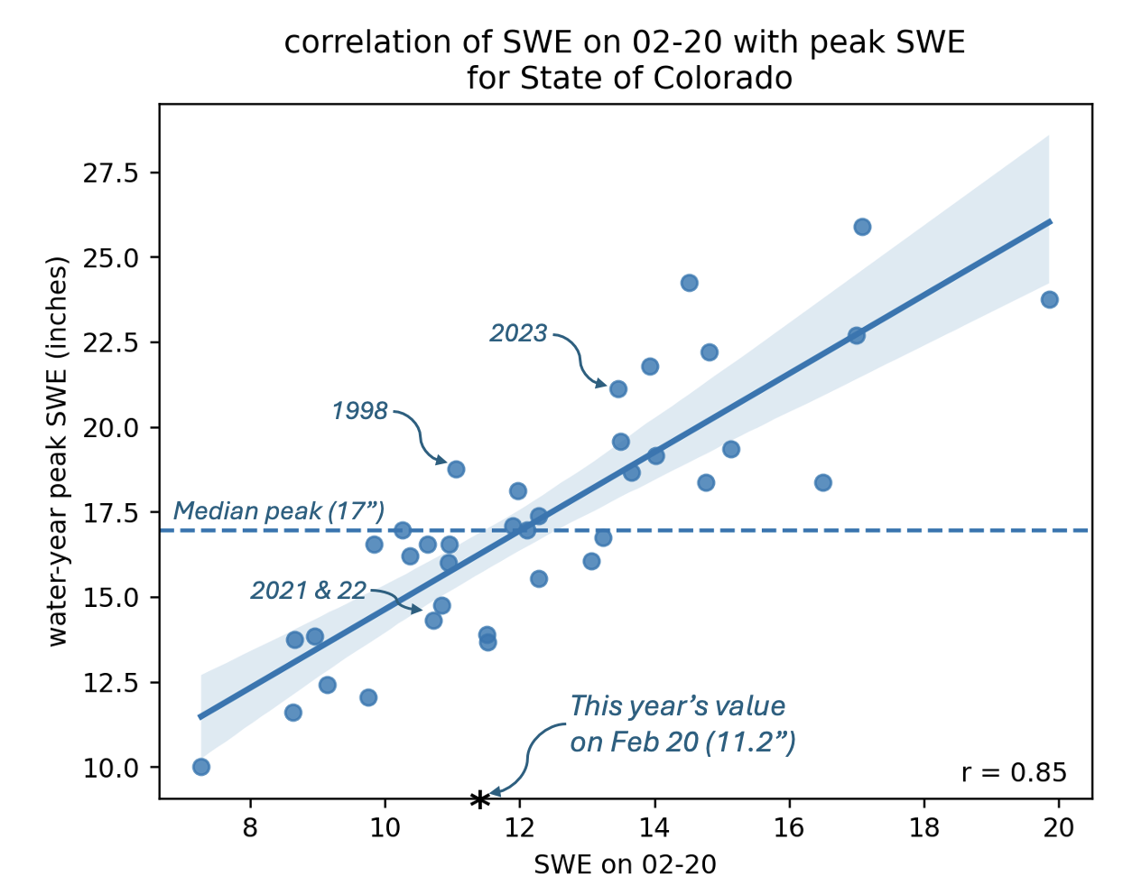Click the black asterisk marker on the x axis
pos(479,799)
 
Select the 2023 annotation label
pos(518,333)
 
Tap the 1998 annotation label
pos(360,410)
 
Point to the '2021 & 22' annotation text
pos(309,591)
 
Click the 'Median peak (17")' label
pos(279,510)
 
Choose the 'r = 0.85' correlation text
pos(1014,772)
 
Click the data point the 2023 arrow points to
pos(617,389)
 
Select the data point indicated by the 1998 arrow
pos(456,469)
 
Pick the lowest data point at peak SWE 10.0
pos(201,767)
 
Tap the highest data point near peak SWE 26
pos(862,227)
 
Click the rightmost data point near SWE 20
pos(1049,300)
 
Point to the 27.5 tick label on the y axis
pos(111,173)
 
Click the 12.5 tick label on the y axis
pos(111,683)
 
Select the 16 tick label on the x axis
pos(789,828)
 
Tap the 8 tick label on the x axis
pos(250,828)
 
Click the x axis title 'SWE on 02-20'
pos(626,865)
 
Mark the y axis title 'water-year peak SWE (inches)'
pos(58,452)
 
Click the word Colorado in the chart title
pos(722,79)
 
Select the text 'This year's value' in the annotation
pos(677,706)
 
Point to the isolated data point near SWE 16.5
pos(823,482)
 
